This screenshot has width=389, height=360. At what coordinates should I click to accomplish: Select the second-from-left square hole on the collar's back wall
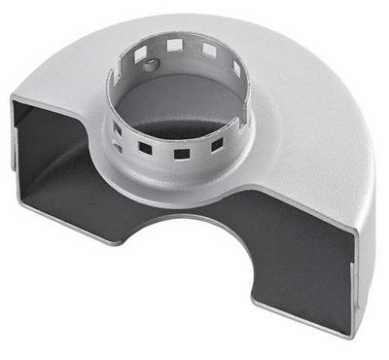(174, 44)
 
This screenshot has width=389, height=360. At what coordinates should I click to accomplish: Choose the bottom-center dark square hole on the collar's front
(181, 153)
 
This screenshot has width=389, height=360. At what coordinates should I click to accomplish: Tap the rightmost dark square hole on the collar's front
(217, 143)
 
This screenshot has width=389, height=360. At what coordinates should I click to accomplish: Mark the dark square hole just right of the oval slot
(146, 148)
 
